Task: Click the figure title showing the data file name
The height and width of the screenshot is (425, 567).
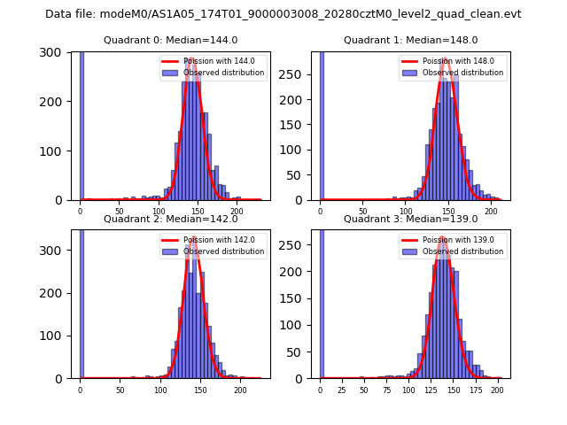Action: click(283, 14)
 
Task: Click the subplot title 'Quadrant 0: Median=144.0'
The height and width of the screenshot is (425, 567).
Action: click(170, 40)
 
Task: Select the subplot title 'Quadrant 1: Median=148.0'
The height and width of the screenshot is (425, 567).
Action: click(411, 40)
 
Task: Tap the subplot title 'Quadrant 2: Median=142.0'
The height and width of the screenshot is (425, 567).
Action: click(170, 219)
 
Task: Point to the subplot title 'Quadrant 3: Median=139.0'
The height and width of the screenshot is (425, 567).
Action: click(411, 219)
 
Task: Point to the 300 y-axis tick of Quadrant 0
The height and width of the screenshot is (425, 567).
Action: click(59, 53)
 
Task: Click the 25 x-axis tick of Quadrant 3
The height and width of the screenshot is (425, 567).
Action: click(342, 390)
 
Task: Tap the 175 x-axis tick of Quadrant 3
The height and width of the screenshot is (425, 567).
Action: click(475, 390)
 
